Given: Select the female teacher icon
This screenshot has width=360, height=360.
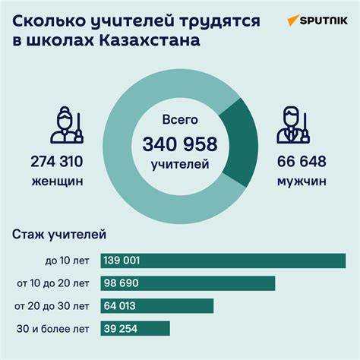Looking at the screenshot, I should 67,125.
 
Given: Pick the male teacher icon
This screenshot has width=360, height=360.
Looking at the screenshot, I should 295,125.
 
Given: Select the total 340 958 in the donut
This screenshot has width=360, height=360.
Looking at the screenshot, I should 179,144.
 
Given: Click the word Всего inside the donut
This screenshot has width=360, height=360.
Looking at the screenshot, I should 179,120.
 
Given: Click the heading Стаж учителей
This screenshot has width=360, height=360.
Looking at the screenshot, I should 59,235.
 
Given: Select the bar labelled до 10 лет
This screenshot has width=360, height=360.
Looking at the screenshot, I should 220,261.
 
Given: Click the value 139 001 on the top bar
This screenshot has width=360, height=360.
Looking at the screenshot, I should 121,261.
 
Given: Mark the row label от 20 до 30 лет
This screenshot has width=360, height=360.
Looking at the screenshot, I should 52,306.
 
